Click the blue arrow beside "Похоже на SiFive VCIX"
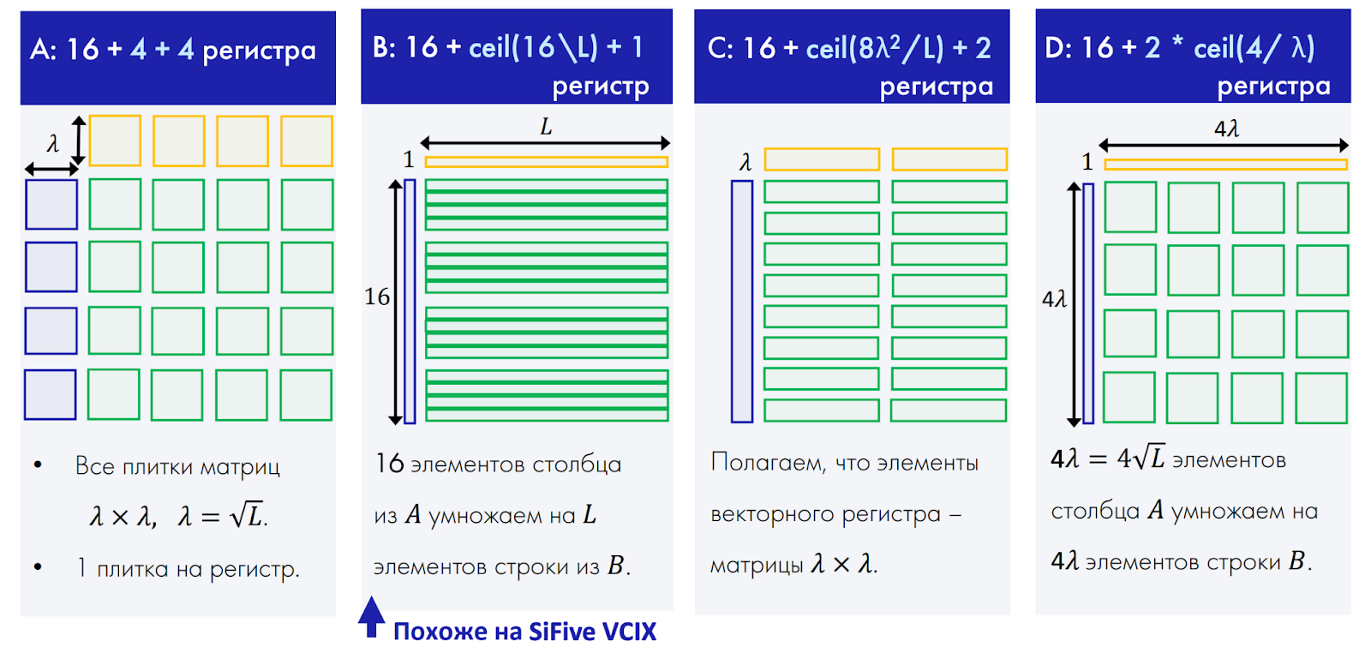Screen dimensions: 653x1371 [371, 616]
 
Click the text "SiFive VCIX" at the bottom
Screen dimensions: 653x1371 [592, 632]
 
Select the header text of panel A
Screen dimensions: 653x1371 [173, 50]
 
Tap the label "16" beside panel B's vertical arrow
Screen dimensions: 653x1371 [377, 297]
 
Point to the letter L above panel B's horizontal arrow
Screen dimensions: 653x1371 [546, 128]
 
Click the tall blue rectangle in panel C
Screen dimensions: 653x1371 [742, 301]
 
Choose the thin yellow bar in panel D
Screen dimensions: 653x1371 [1225, 164]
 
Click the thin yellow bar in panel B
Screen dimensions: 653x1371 [546, 161]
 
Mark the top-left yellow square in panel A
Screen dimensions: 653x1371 [115, 141]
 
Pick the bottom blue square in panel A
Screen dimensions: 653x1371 [51, 394]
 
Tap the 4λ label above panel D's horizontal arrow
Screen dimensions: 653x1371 [1227, 129]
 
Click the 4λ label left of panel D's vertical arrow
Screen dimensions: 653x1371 [1054, 299]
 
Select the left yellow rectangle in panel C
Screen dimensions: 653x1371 [822, 159]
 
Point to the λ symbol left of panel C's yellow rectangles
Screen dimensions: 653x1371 [745, 161]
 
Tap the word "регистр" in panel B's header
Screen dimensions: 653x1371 [601, 86]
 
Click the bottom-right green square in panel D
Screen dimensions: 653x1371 [1322, 398]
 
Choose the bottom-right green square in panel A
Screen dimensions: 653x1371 [306, 395]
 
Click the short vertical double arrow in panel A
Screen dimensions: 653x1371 [79, 141]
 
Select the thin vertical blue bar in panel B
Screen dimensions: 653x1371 [410, 301]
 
